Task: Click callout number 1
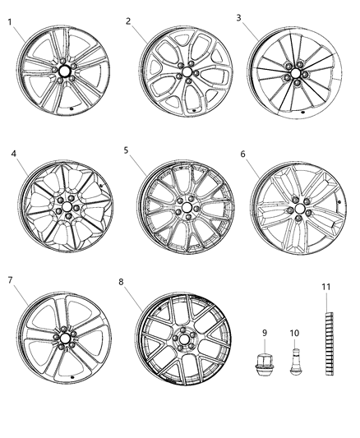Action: tap(11, 22)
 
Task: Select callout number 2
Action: tap(129, 21)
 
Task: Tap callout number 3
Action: tap(239, 17)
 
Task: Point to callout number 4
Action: tap(14, 154)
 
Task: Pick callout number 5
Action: tap(126, 150)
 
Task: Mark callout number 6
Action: tap(242, 154)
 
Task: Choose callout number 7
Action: tap(11, 280)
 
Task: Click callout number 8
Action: tap(122, 282)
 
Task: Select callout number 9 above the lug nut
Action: tap(265, 333)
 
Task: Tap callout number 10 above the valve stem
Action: tap(294, 333)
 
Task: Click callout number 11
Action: tap(325, 286)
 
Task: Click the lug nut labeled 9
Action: tap(265, 362)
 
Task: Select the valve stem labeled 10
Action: tap(295, 362)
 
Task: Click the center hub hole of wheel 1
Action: tap(62, 71)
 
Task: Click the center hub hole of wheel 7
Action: tap(62, 338)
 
